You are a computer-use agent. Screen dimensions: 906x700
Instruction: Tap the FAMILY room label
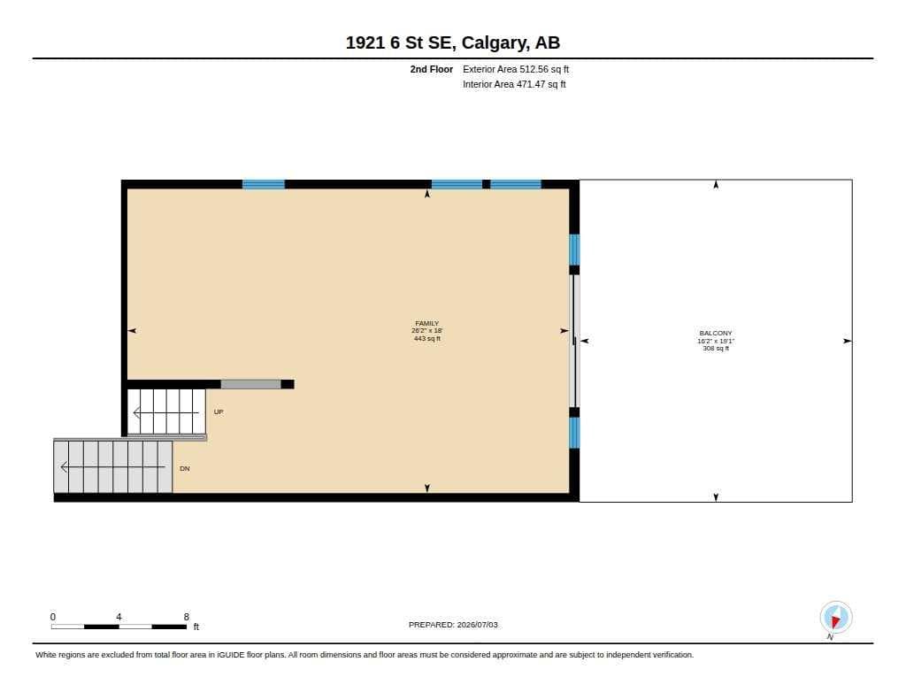[x=427, y=323]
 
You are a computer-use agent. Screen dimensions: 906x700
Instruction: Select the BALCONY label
[x=715, y=333]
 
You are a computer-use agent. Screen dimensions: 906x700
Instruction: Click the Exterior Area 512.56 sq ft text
[x=516, y=69]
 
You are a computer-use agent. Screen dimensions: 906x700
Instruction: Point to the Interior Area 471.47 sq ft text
[x=514, y=84]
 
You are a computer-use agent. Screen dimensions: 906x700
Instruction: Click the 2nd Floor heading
[x=431, y=69]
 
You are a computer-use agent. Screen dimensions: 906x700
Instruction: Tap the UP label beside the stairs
[x=219, y=412]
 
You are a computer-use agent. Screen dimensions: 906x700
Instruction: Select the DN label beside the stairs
[x=185, y=468]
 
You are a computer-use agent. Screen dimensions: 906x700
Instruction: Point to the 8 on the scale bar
[x=186, y=617]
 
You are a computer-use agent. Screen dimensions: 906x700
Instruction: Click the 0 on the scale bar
[x=53, y=617]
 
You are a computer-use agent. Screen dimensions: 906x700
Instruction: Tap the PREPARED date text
[x=453, y=624]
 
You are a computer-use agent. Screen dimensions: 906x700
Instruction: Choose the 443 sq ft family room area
[x=427, y=339]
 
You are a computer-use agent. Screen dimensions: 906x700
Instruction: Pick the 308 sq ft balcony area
[x=715, y=348]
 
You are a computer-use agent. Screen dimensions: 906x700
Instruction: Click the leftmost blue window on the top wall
[x=264, y=184]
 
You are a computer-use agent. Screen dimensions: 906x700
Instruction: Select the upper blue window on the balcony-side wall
[x=574, y=250]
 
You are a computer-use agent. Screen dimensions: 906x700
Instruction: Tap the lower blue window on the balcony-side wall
[x=574, y=433]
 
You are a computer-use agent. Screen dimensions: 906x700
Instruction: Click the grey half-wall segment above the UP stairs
[x=250, y=384]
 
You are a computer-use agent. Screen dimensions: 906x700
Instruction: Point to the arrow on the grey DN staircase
[x=112, y=466]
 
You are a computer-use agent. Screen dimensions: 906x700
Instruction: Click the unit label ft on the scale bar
[x=196, y=627]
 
